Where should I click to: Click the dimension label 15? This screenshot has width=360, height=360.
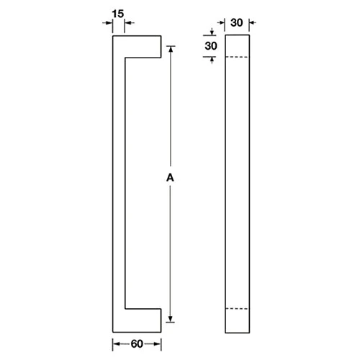pyautogui.click(x=120, y=12)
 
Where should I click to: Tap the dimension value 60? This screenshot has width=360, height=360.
pyautogui.click(x=136, y=343)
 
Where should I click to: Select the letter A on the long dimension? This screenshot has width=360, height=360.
pyautogui.click(x=171, y=176)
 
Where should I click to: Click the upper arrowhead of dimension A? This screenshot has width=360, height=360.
pyautogui.click(x=171, y=51)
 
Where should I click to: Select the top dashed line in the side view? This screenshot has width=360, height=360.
pyautogui.click(x=237, y=57)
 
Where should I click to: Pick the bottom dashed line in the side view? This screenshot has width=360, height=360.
pyautogui.click(x=237, y=309)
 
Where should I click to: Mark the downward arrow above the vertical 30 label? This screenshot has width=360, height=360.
pyautogui.click(x=212, y=31)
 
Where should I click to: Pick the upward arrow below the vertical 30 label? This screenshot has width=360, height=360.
pyautogui.click(x=212, y=60)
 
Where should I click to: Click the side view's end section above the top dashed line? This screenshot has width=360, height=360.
pyautogui.click(x=237, y=45)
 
